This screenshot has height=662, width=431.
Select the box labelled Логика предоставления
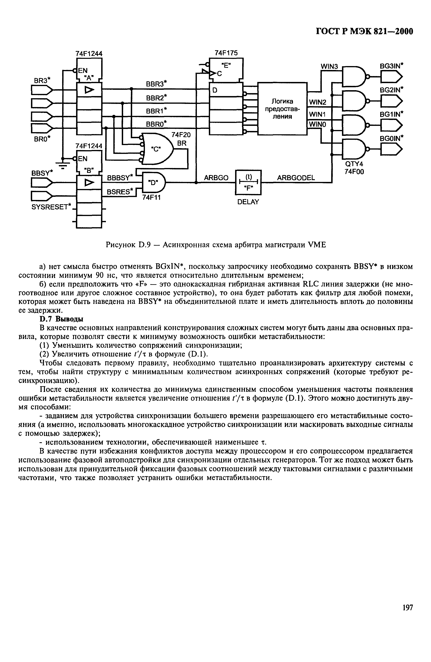[282, 108]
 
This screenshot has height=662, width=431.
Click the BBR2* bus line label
[156, 98]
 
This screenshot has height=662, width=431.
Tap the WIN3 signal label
[329, 66]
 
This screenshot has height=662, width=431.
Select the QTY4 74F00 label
[354, 168]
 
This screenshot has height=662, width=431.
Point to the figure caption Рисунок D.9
[216, 245]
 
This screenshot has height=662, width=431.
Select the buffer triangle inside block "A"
[89, 90]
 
